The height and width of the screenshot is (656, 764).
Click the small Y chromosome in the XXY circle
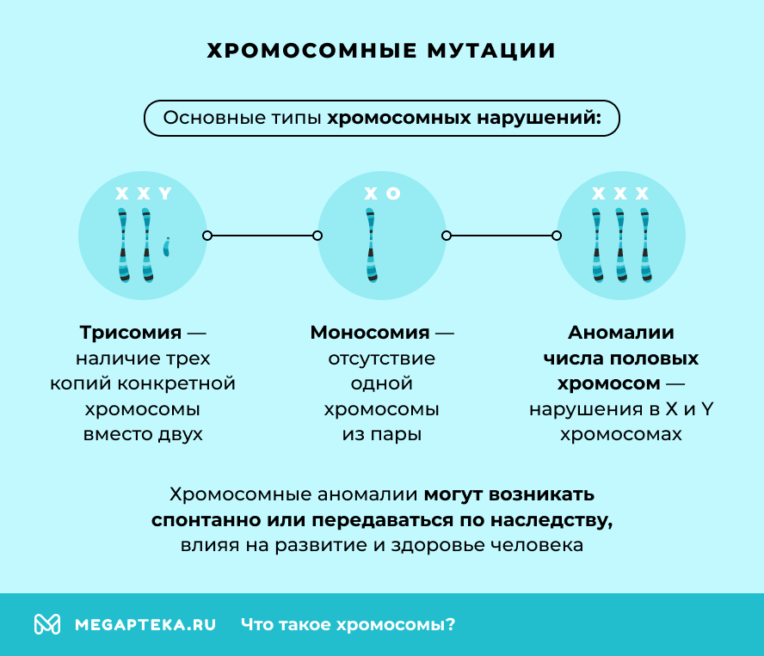pyautogui.click(x=167, y=248)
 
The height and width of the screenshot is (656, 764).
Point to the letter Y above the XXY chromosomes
pyautogui.click(x=165, y=194)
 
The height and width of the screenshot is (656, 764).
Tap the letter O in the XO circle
pyautogui.click(x=393, y=194)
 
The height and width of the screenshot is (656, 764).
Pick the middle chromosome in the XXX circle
pyautogui.click(x=620, y=245)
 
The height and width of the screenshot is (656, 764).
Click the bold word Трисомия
pyautogui.click(x=131, y=333)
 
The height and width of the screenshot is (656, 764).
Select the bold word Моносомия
pyautogui.click(x=370, y=333)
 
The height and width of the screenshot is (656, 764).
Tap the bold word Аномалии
pyautogui.click(x=620, y=333)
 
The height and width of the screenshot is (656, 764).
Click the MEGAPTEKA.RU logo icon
pyautogui.click(x=46, y=624)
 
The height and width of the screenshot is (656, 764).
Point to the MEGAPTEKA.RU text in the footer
pyautogui.click(x=145, y=625)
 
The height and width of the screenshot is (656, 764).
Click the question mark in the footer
pyautogui.click(x=450, y=625)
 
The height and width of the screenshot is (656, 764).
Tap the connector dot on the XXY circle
pyautogui.click(x=206, y=236)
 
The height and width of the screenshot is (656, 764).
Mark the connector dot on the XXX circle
pyautogui.click(x=557, y=236)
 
